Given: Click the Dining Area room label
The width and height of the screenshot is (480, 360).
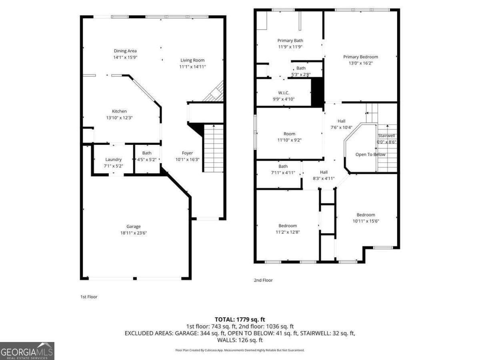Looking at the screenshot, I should (125, 51).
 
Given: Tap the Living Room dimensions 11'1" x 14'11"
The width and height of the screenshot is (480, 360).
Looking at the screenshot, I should (192, 67).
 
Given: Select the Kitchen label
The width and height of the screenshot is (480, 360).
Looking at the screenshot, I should (119, 111).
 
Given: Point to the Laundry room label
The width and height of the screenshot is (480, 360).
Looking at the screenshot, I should (113, 160).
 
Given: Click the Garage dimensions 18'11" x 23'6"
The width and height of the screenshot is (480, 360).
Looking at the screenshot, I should (134, 233).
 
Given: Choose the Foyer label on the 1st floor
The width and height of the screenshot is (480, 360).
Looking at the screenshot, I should (187, 153).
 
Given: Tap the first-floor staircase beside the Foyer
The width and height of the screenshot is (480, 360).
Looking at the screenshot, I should (214, 148).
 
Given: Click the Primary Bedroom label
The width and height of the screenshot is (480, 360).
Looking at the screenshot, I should (360, 57).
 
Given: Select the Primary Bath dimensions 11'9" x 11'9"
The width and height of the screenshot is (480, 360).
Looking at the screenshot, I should (290, 46).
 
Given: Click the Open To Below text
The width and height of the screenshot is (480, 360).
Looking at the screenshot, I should (370, 154).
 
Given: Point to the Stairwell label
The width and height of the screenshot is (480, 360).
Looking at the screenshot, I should (386, 136).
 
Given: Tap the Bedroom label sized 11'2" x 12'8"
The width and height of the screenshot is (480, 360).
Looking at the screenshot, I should (288, 226).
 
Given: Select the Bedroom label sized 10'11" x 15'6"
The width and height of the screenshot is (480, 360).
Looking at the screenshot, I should (366, 215).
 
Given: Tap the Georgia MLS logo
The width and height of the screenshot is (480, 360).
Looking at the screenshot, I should (27, 351).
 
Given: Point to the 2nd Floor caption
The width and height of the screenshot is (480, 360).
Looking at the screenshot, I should (263, 280).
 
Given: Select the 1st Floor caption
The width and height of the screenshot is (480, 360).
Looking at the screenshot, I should (89, 297).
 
